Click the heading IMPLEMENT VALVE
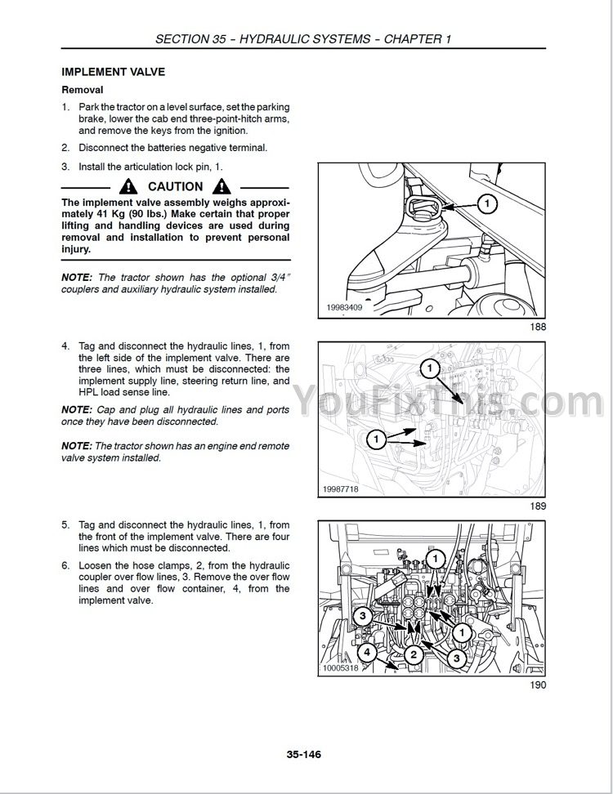pyautogui.click(x=113, y=72)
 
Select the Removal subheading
pyautogui.click(x=82, y=90)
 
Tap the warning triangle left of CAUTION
pyautogui.click(x=128, y=187)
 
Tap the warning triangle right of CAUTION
pyautogui.click(x=221, y=187)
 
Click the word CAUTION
pyautogui.click(x=175, y=187)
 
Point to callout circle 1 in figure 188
pyautogui.click(x=487, y=203)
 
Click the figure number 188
pyautogui.click(x=538, y=327)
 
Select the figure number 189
pyautogui.click(x=538, y=506)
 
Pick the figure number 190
pyautogui.click(x=538, y=685)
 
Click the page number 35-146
pyautogui.click(x=304, y=755)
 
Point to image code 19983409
pyautogui.click(x=344, y=307)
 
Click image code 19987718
pyautogui.click(x=341, y=489)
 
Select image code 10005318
pyautogui.click(x=341, y=668)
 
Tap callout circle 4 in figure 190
pyautogui.click(x=367, y=652)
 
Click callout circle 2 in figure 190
pyautogui.click(x=414, y=654)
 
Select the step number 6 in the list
pyautogui.click(x=65, y=565)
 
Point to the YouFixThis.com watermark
pyautogui.click(x=449, y=400)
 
